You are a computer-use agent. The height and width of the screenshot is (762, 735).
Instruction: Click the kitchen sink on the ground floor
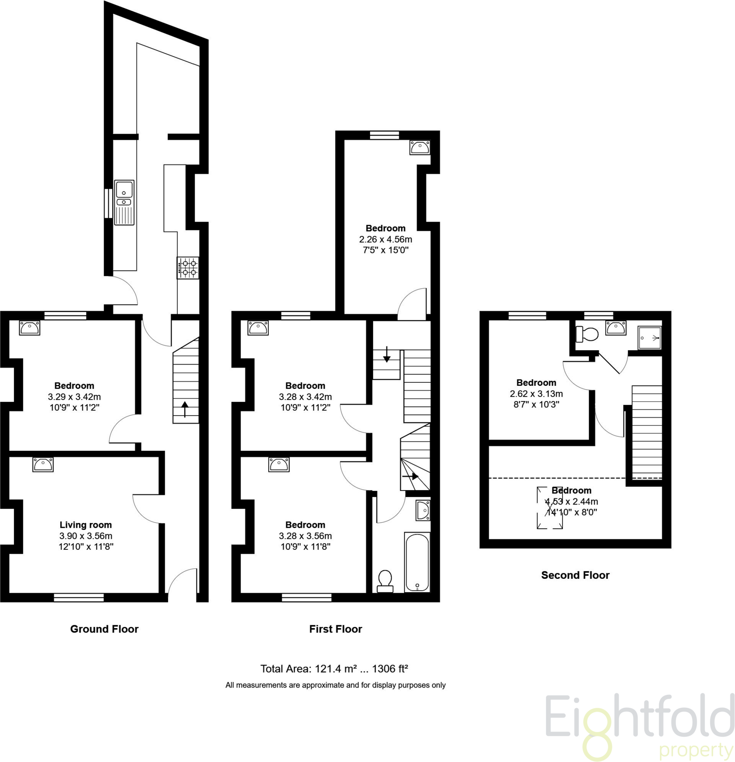coord(124,202)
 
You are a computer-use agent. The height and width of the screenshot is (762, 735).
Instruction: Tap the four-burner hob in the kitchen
coord(188,268)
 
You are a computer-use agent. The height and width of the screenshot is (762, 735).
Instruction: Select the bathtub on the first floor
coord(417,562)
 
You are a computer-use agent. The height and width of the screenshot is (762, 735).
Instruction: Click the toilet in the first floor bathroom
coord(385,581)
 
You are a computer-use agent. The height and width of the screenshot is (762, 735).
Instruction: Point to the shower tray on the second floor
coord(650,337)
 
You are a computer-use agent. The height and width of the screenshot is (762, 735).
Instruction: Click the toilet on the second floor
coord(587,334)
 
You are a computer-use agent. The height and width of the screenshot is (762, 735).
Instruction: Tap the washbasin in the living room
coord(43,465)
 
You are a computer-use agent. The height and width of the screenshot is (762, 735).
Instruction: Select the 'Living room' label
coord(86,525)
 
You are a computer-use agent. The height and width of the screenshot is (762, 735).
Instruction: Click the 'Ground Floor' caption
coord(104,629)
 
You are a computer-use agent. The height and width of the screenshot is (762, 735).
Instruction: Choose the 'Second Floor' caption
coord(575,575)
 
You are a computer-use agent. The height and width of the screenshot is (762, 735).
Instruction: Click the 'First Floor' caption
coord(335,629)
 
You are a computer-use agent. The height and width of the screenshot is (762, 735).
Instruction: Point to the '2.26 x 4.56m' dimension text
coord(385,239)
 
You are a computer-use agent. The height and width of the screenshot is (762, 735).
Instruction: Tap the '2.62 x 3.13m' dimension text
coord(536,394)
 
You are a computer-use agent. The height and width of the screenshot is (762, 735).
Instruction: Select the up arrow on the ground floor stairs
coord(185,409)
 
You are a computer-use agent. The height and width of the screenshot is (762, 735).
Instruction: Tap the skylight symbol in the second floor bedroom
coord(550,508)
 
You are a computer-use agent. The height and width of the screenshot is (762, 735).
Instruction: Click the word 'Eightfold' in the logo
coord(639,718)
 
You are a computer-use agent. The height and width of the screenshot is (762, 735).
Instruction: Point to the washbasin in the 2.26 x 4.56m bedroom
coord(420,148)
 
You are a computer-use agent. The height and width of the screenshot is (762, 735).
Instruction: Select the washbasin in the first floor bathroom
coord(423,510)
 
